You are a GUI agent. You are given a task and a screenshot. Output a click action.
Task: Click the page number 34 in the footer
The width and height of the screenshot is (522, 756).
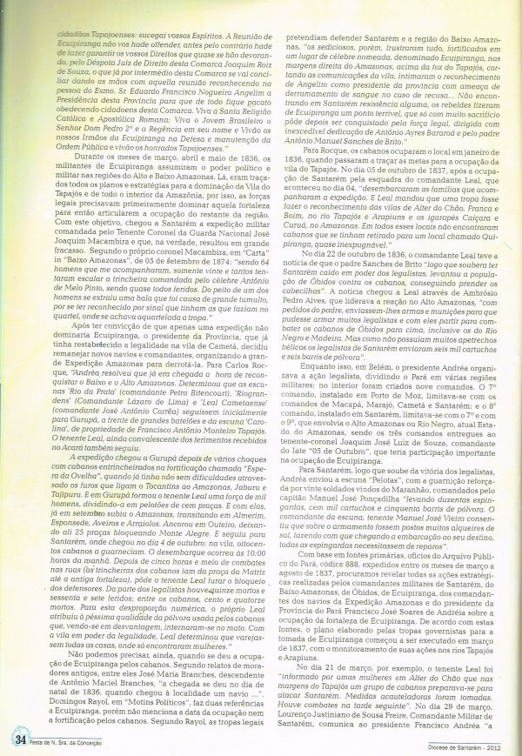(18, 739)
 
